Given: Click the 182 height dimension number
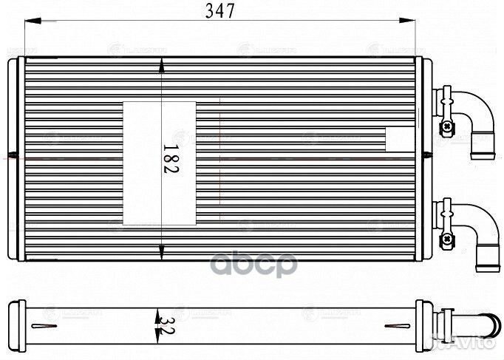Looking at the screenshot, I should coord(169,158).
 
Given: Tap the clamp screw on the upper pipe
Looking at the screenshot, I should coord(446,127).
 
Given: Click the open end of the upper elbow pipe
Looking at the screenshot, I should coord(483,145).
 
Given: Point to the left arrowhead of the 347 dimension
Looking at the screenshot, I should coord(30,23).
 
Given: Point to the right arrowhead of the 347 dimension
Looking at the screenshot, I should coord(424,23).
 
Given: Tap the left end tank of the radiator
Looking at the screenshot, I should coord(18,159).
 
